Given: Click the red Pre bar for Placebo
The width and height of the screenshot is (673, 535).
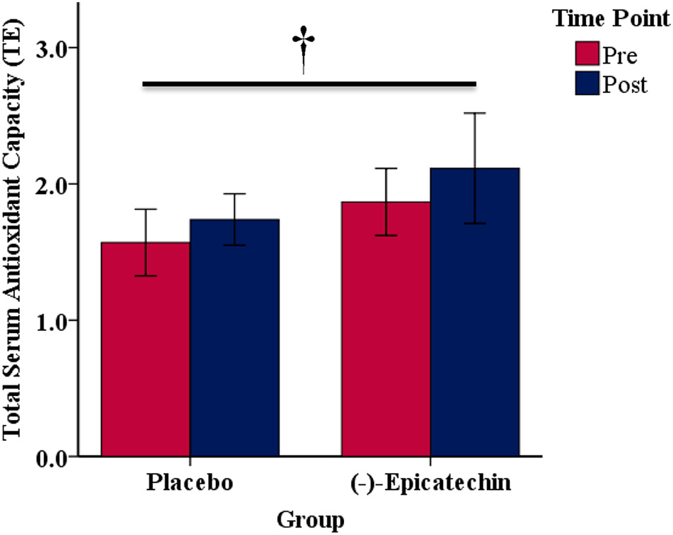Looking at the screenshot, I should [145, 357].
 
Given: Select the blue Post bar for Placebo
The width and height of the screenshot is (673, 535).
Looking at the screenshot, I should [234, 342].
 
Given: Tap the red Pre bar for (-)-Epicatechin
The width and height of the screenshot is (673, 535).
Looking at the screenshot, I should [386, 335].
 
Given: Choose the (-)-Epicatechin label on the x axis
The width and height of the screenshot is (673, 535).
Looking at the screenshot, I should [430, 483].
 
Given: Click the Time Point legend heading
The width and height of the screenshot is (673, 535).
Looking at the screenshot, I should [612, 19].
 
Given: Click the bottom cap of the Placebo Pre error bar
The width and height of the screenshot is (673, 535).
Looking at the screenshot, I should [145, 275].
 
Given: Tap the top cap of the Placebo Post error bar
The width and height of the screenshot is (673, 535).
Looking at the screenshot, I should [234, 194].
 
